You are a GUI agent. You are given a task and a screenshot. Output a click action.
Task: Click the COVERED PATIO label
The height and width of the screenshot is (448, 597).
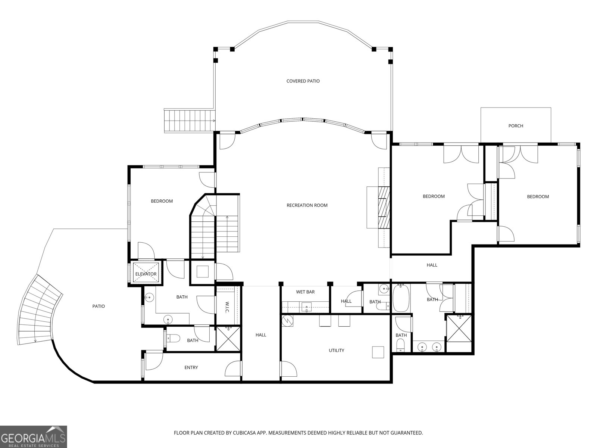point(303,81)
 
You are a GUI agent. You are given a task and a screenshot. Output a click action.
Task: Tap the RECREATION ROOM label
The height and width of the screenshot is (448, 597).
point(307,205)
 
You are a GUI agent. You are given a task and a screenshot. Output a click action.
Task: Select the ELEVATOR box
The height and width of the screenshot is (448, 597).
point(146,274)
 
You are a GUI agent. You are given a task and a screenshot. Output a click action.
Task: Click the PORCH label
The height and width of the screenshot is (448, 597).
point(516,126)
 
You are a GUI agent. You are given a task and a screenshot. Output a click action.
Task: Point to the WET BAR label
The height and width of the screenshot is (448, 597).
point(305,292)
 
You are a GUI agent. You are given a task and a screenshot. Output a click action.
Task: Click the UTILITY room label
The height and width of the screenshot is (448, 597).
point(336,351)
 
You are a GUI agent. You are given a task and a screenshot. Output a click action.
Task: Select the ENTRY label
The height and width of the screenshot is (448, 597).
point(191,368)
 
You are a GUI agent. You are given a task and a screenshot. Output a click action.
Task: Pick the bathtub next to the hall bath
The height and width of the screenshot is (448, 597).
point(401,298)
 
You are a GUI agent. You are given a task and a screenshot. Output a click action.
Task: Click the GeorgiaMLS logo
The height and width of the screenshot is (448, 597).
point(33,436)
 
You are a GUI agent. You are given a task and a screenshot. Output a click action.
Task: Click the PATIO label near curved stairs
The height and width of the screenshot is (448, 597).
point(99,307)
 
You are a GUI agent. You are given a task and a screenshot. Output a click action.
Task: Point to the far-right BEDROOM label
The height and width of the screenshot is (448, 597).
point(538,197)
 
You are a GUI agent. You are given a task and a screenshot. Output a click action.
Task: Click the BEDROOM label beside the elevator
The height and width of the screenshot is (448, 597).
point(162,201)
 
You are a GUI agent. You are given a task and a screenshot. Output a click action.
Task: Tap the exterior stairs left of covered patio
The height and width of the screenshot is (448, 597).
point(190,121)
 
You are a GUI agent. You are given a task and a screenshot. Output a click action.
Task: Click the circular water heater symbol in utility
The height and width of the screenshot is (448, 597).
point(288,320)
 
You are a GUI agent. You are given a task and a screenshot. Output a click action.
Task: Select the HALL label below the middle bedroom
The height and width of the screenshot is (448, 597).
point(432,265)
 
